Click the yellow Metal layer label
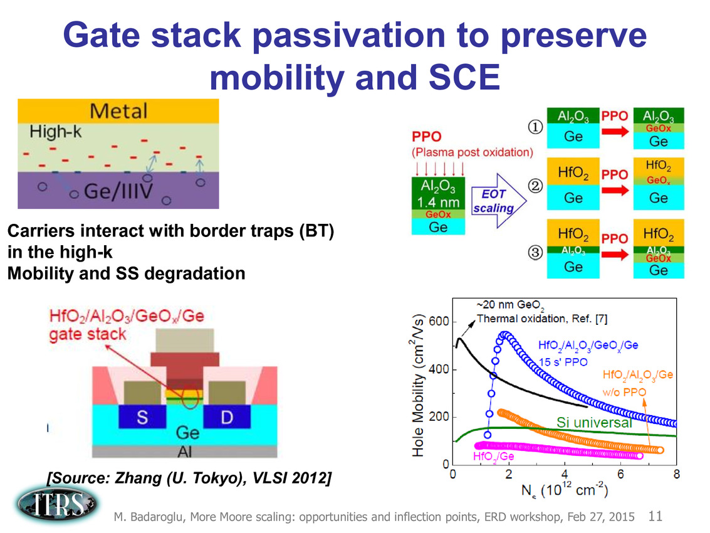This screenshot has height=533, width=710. [x=119, y=112]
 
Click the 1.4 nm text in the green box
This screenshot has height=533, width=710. [x=439, y=202]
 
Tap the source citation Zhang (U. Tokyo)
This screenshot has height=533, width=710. [x=188, y=479]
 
